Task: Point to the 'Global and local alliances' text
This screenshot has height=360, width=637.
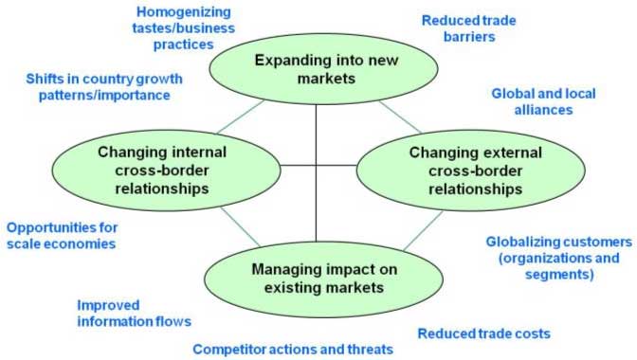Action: coord(544,101)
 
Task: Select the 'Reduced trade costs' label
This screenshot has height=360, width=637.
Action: coord(483,333)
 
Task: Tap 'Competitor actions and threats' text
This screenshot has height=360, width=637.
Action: coord(293,349)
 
